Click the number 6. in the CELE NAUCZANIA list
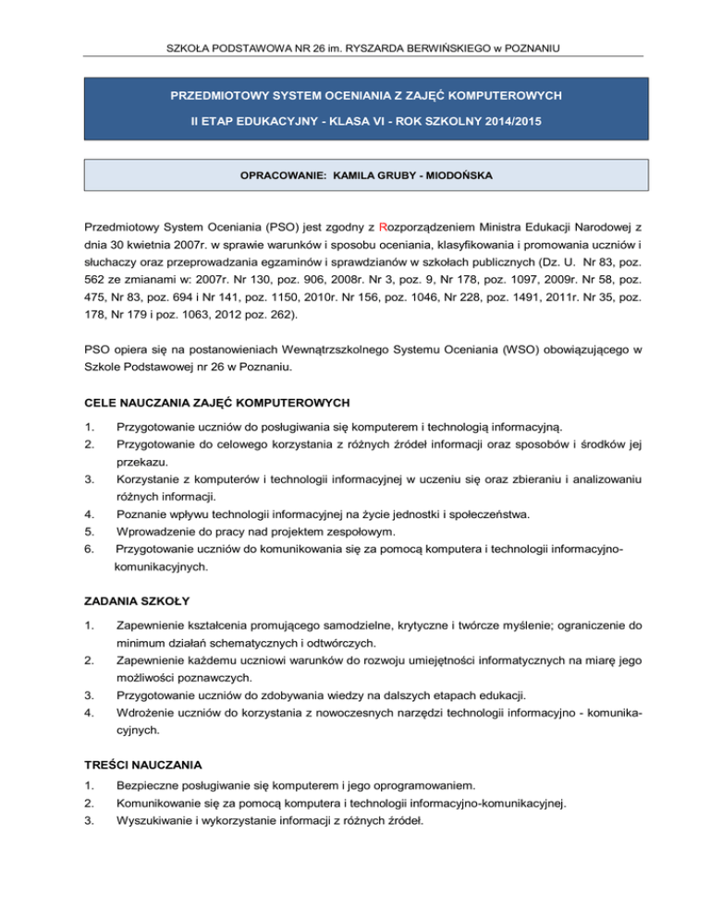[x=88, y=550]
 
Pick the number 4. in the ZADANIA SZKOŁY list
[x=88, y=711]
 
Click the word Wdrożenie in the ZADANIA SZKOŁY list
[x=147, y=711]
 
